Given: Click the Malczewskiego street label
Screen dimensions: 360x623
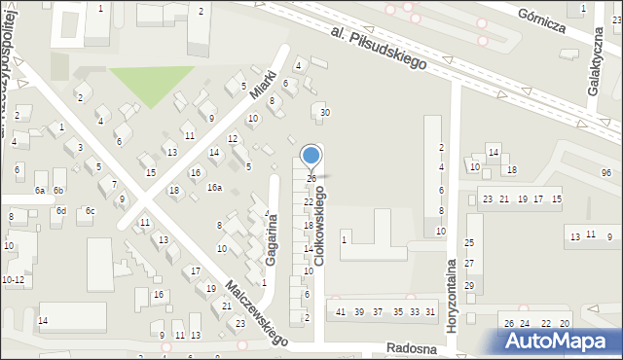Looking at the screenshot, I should coord(256,313).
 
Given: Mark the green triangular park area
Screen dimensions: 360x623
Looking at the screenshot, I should coord(146,84).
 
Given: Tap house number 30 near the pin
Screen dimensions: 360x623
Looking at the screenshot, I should coord(325,113).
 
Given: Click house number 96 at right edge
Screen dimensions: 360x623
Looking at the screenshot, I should coord(606,172).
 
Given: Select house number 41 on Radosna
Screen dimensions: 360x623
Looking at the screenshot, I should coord(341,311).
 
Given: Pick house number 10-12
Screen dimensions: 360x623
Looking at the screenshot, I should coord(14,279).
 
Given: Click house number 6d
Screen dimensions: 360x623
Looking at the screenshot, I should coord(60,210).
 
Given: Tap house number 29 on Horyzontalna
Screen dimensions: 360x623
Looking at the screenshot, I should coord(468,285).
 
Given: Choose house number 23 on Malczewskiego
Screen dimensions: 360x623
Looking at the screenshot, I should coord(240,322).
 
